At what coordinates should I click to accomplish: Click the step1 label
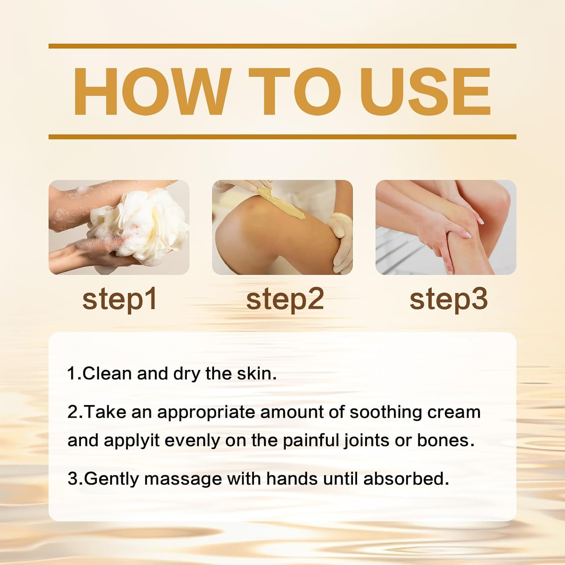pos(119,299)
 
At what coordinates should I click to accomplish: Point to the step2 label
pos(285,299)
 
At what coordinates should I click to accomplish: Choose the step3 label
pos(448,299)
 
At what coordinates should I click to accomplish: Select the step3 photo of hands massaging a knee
pos(446,227)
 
